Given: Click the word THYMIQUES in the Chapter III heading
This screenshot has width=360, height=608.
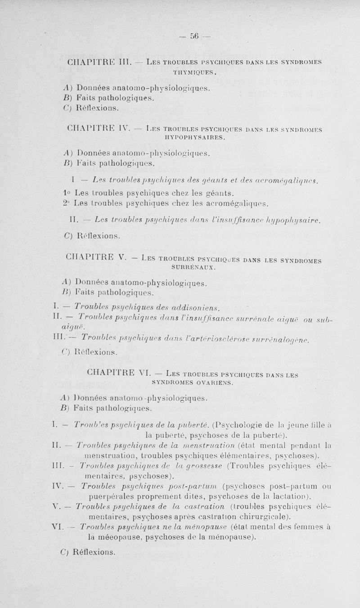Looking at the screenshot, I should coord(179,71).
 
